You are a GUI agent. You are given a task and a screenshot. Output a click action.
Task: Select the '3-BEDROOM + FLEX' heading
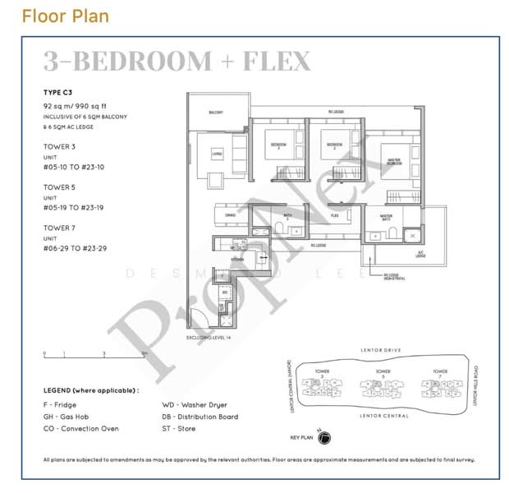[177, 62]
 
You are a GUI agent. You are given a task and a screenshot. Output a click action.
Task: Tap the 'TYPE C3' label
[58, 93]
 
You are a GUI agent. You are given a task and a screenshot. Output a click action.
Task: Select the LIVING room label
[217, 153]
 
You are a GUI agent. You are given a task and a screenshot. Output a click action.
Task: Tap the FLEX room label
[335, 216]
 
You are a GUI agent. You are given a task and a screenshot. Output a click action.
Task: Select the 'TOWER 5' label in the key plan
[382, 371]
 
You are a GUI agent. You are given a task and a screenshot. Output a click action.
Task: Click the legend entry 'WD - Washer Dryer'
[195, 405]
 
